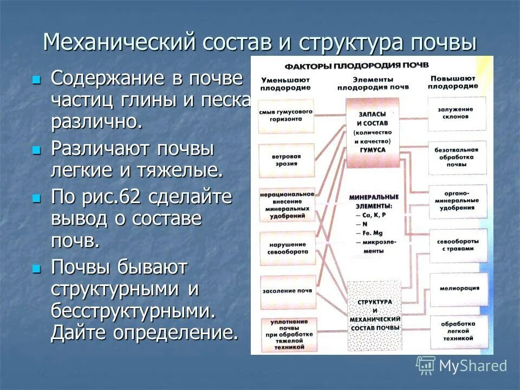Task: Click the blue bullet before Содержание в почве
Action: pyautogui.click(x=36, y=80)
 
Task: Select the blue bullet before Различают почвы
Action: pyautogui.click(x=36, y=150)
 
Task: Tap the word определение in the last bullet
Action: pyautogui.click(x=175, y=332)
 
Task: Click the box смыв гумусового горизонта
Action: pyautogui.click(x=285, y=115)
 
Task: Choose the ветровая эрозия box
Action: pyautogui.click(x=286, y=160)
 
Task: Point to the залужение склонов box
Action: pyautogui.click(x=457, y=113)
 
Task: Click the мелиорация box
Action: pyautogui.click(x=457, y=288)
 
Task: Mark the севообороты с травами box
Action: pyautogui.click(x=457, y=245)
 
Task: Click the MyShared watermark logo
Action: pyautogui.click(x=461, y=366)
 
